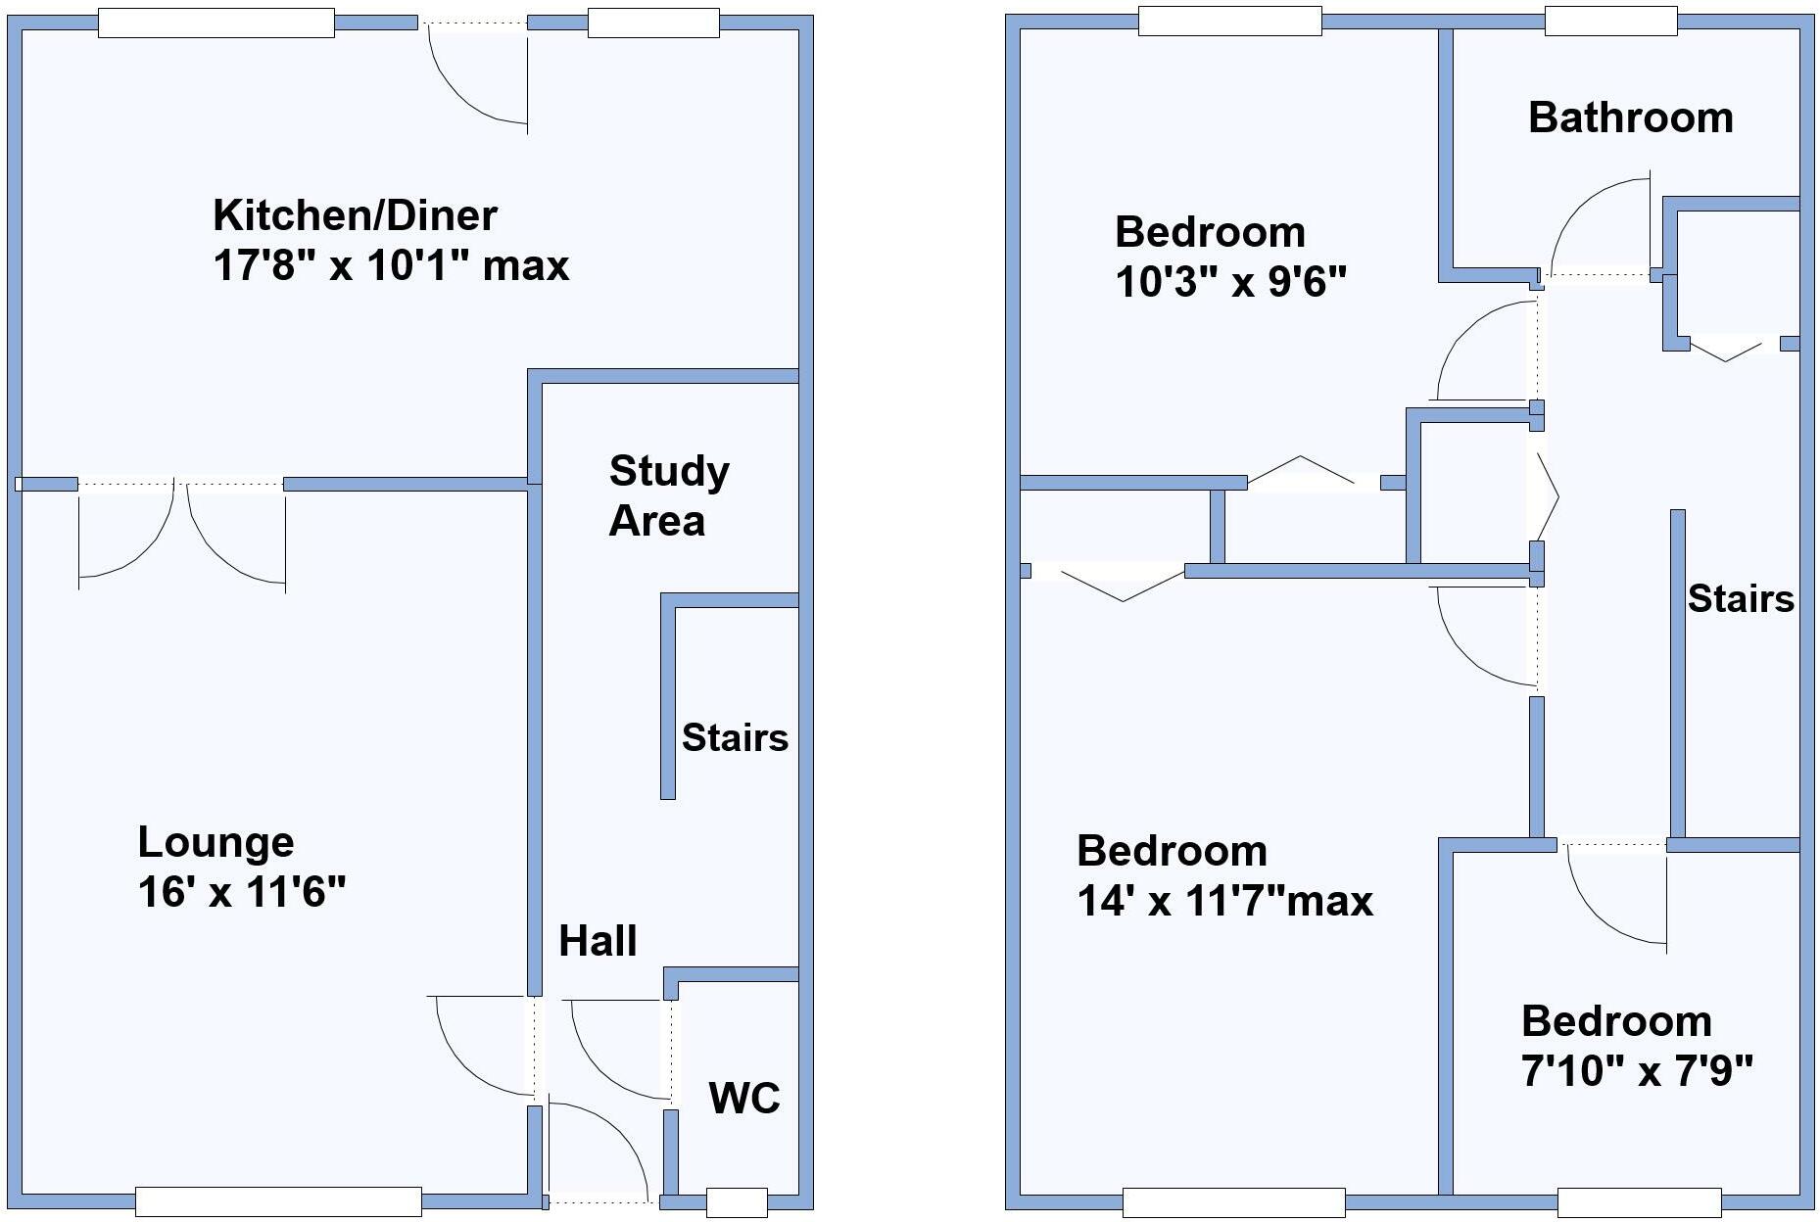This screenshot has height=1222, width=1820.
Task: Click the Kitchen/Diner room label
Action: pyautogui.click(x=355, y=215)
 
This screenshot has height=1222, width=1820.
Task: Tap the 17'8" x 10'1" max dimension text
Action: pyautogui.click(x=390, y=265)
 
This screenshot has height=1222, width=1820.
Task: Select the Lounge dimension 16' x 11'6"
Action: pyautogui.click(x=242, y=892)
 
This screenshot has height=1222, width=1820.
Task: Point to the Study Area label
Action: pyautogui.click(x=668, y=495)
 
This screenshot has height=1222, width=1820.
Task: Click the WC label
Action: pyautogui.click(x=744, y=1098)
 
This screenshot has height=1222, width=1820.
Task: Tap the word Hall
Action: pyautogui.click(x=598, y=941)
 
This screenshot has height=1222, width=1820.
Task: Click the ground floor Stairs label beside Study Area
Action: pyautogui.click(x=735, y=737)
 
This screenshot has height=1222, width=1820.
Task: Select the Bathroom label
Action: pyautogui.click(x=1630, y=117)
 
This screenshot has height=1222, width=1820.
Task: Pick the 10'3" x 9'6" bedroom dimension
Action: pyautogui.click(x=1230, y=283)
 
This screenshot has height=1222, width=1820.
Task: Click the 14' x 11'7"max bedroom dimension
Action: pyautogui.click(x=1224, y=900)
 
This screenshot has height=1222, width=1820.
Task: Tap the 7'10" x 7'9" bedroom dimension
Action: pyautogui.click(x=1636, y=1071)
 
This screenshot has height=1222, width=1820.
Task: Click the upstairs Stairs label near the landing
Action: pyautogui.click(x=1740, y=598)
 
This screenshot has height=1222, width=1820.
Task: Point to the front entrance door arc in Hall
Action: pyautogui.click(x=607, y=1146)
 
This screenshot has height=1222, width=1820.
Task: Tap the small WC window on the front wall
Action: pyautogui.click(x=737, y=1201)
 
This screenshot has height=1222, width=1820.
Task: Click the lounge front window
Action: pyautogui.click(x=278, y=1201)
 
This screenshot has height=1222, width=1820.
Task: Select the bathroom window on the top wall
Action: pyautogui.click(x=1610, y=21)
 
